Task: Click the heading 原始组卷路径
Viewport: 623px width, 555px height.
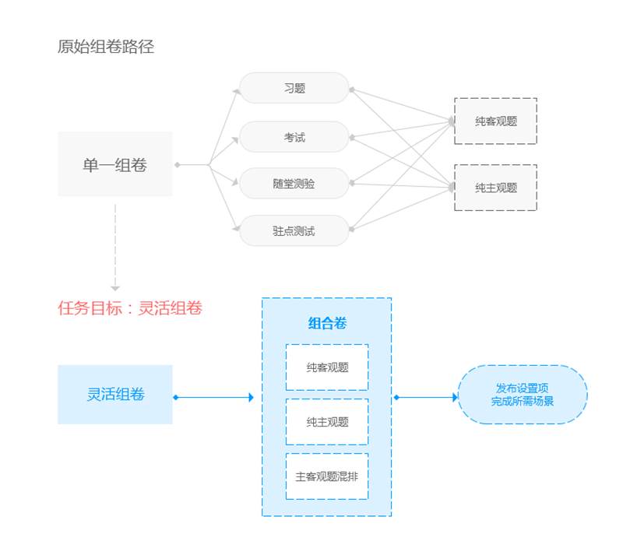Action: pyautogui.click(x=106, y=47)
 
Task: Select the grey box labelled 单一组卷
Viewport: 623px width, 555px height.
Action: pyautogui.click(x=115, y=164)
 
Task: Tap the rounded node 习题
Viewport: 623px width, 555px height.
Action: pyautogui.click(x=294, y=88)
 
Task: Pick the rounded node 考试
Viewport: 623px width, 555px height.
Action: pyautogui.click(x=294, y=137)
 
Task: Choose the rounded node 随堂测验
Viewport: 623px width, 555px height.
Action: pyautogui.click(x=294, y=184)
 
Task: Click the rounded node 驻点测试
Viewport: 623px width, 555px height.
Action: pyautogui.click(x=294, y=231)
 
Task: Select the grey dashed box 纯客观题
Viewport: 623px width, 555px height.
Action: pyautogui.click(x=496, y=121)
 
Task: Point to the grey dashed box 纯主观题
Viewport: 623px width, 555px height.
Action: pyautogui.click(x=496, y=188)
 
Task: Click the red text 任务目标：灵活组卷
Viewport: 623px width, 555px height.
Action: pyautogui.click(x=130, y=308)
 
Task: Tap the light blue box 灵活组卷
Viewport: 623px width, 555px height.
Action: pyautogui.click(x=115, y=395)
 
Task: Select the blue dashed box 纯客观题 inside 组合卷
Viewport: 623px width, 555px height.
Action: pyautogui.click(x=327, y=367)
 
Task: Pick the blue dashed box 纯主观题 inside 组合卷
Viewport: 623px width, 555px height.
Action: pyautogui.click(x=327, y=422)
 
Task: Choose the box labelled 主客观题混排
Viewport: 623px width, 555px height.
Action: pyautogui.click(x=327, y=476)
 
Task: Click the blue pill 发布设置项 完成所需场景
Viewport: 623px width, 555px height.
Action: pyautogui.click(x=523, y=395)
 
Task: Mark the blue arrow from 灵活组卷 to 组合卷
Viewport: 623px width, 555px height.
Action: pyautogui.click(x=215, y=398)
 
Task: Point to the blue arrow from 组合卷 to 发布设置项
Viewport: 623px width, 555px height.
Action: pyautogui.click(x=426, y=398)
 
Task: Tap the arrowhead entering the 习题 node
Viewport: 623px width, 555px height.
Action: pyautogui.click(x=236, y=92)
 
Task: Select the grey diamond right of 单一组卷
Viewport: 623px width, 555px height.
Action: pyautogui.click(x=178, y=165)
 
